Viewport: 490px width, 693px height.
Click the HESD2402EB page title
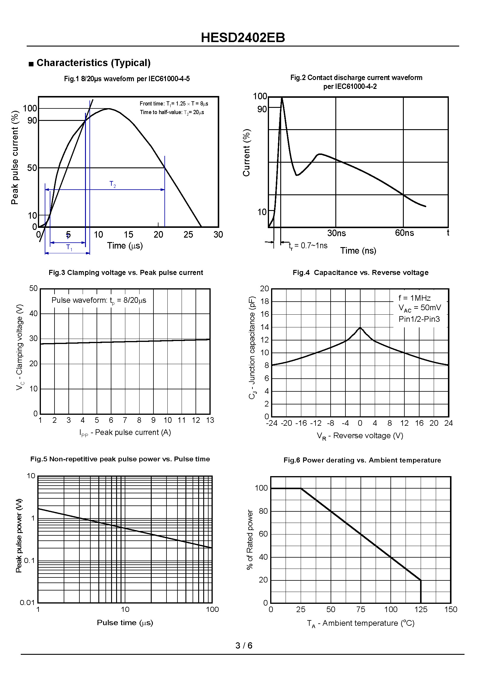pyautogui.click(x=243, y=38)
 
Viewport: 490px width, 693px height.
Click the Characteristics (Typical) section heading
pyautogui.click(x=93, y=63)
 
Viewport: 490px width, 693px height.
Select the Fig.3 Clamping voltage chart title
pyautogui.click(x=126, y=273)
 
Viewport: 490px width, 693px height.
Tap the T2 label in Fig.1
pyautogui.click(x=113, y=184)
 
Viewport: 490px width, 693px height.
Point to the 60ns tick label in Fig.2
pyautogui.click(x=404, y=233)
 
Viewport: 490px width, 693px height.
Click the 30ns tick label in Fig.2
pyautogui.click(x=337, y=233)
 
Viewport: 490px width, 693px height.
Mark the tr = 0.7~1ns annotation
pyautogui.click(x=308, y=246)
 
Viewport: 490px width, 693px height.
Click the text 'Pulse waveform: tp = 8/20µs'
pyautogui.click(x=99, y=300)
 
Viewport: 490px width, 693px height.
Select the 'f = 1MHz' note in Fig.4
pyautogui.click(x=414, y=298)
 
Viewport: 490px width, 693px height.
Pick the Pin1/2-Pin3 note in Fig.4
pyautogui.click(x=419, y=319)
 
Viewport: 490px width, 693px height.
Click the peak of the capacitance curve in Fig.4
pyautogui.click(x=360, y=328)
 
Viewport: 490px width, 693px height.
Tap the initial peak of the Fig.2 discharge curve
pyautogui.click(x=282, y=98)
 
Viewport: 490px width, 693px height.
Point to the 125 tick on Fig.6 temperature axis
pyautogui.click(x=421, y=609)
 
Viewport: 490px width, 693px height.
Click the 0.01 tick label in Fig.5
pyautogui.click(x=28, y=603)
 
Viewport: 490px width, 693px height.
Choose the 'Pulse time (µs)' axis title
pyautogui.click(x=125, y=622)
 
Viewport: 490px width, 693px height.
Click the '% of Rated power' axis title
pyautogui.click(x=250, y=540)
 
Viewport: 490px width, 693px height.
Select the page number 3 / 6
pyautogui.click(x=244, y=645)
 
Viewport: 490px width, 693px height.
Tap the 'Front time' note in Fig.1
pyautogui.click(x=174, y=104)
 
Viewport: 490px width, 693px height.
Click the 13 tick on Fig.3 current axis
pyautogui.click(x=210, y=420)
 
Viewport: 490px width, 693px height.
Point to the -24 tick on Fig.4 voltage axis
pyautogui.click(x=272, y=423)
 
